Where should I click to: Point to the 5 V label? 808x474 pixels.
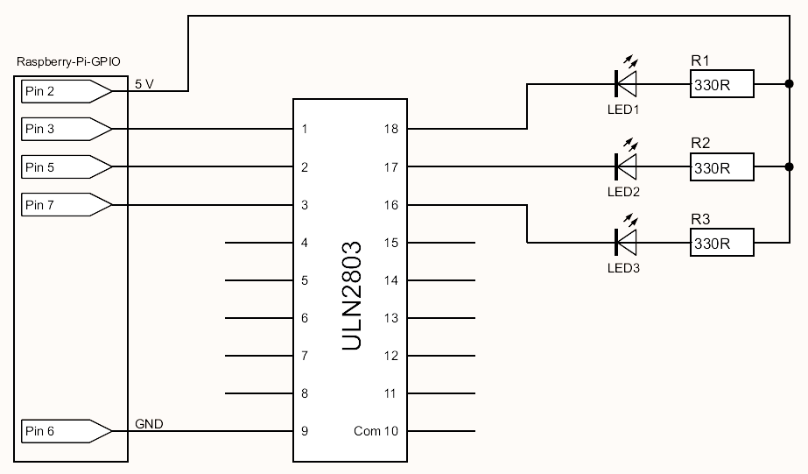click(144, 84)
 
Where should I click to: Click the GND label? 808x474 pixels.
click(149, 425)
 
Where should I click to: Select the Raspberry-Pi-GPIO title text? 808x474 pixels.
click(69, 62)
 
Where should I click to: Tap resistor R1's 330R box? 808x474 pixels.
click(721, 85)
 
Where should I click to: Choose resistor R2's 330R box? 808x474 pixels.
click(721, 166)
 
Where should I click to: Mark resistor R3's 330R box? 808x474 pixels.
click(721, 243)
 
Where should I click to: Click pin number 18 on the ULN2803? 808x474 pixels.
click(390, 129)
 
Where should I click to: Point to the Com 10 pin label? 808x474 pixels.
click(376, 431)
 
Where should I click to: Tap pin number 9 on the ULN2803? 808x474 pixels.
click(305, 431)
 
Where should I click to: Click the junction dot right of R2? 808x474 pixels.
click(790, 166)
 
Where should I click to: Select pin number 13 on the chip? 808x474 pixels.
click(390, 318)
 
